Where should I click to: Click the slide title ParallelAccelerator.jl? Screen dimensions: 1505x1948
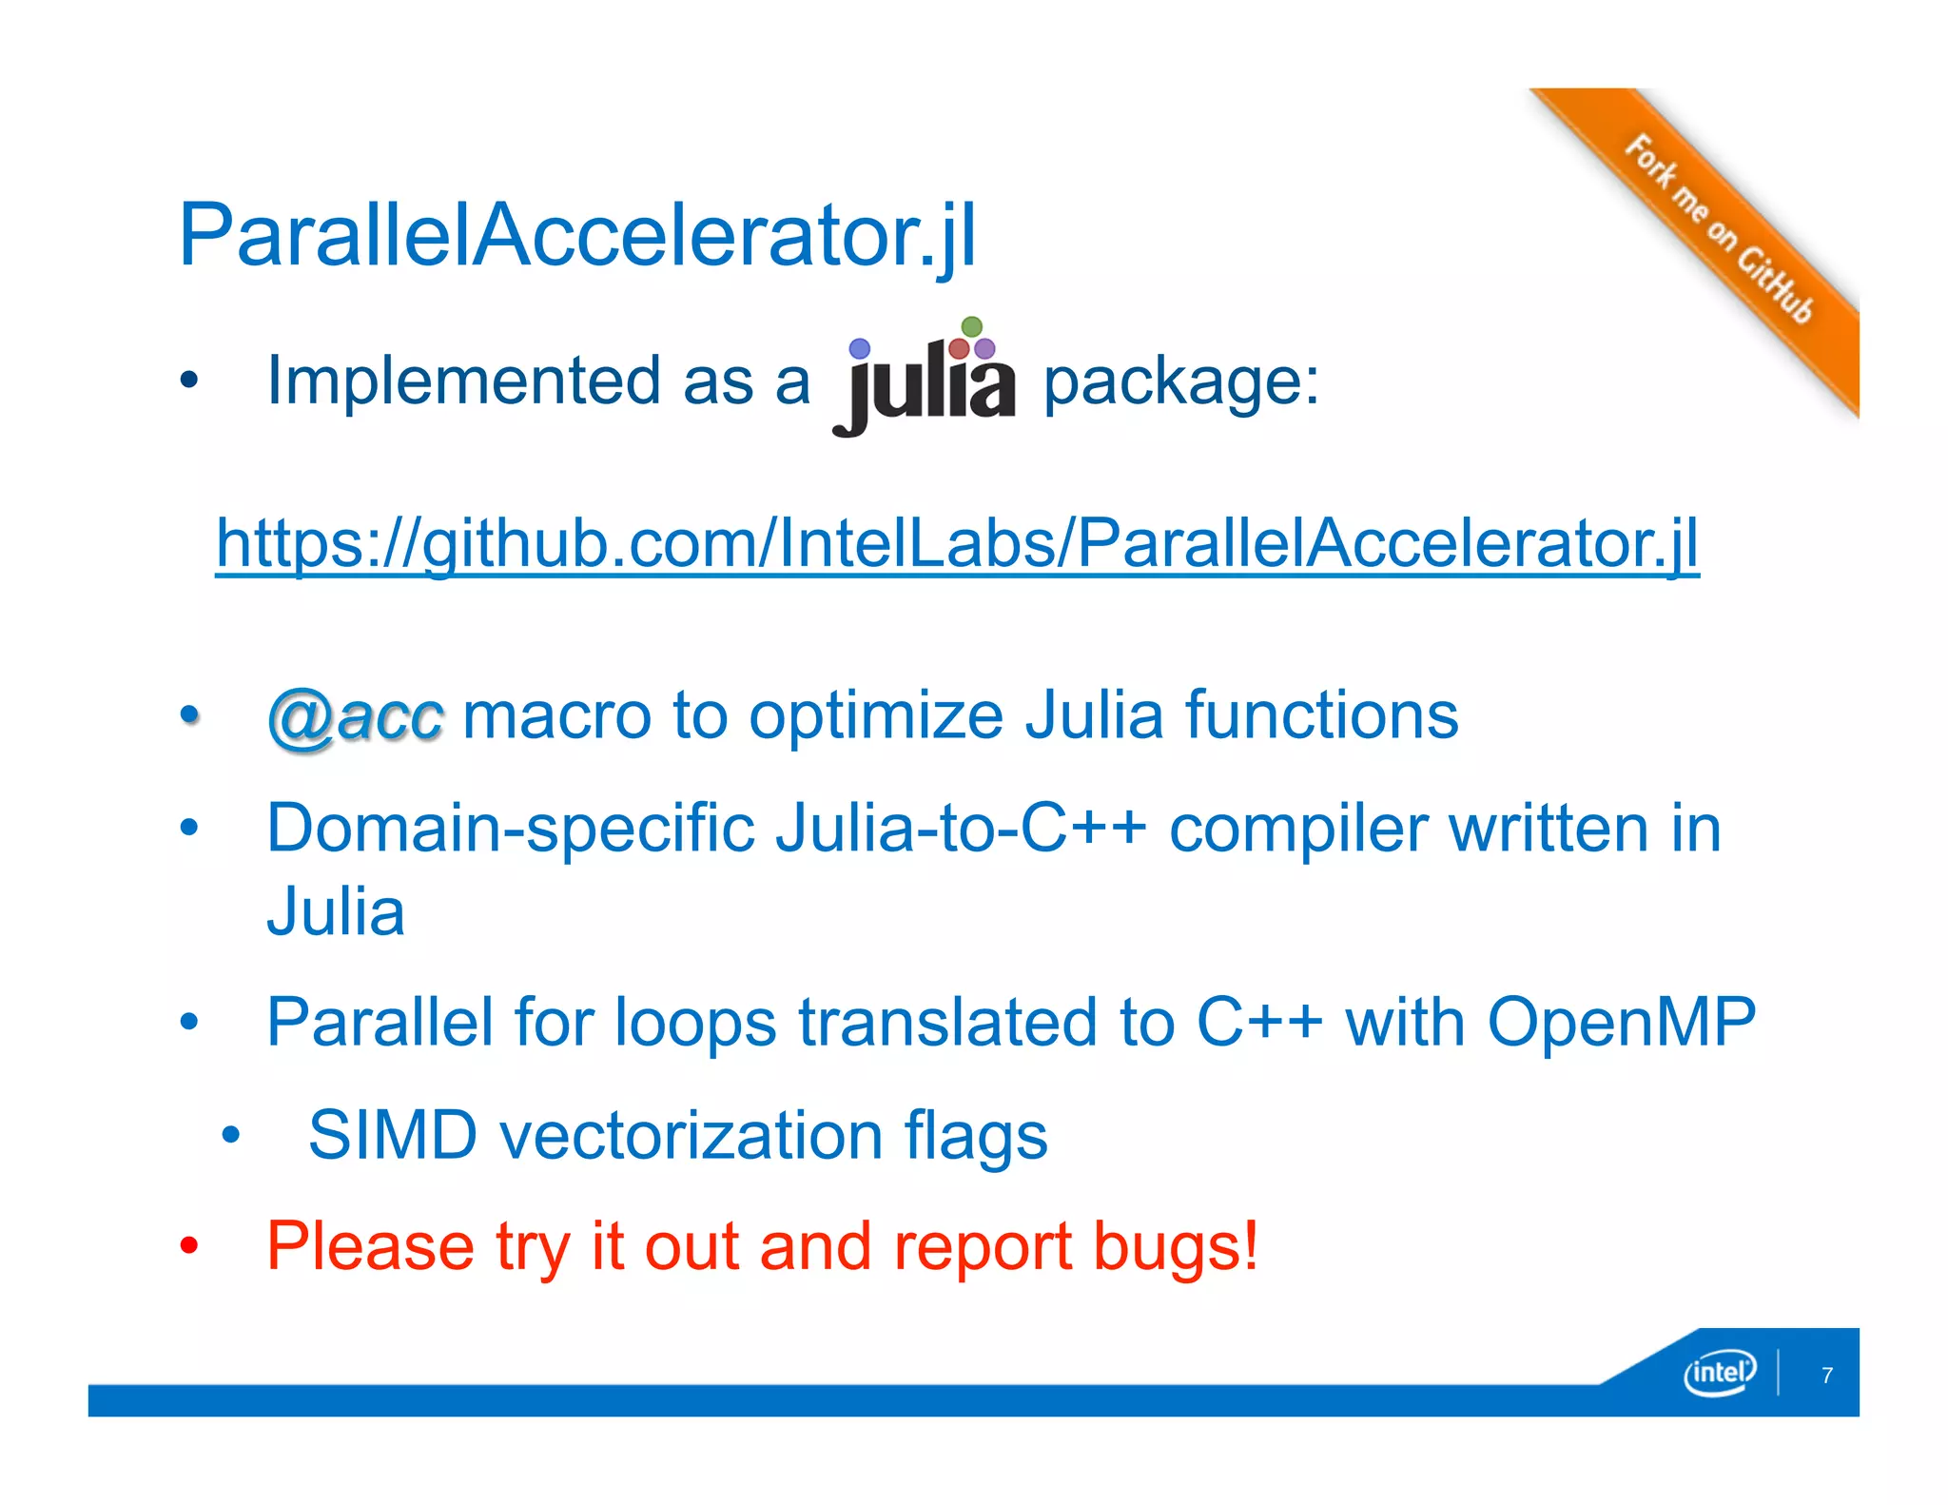tap(577, 235)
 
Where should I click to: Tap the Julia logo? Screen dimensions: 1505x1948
tap(925, 381)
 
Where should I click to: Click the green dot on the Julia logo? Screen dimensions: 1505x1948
tap(971, 326)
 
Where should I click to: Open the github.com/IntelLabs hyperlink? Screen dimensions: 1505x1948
tap(957, 543)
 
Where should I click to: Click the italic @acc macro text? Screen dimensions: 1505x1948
tap(355, 716)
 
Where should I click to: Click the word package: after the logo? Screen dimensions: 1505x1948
tap(1181, 382)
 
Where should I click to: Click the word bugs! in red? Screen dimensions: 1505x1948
tap(1176, 1247)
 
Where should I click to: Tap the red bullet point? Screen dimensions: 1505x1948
tap(189, 1245)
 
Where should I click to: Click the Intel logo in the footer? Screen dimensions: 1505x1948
tap(1719, 1372)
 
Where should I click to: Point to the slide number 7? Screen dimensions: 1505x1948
tap(1826, 1375)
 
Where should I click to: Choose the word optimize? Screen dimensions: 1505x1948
tap(876, 716)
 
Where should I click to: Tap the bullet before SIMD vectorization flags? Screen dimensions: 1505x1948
tap(230, 1135)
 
